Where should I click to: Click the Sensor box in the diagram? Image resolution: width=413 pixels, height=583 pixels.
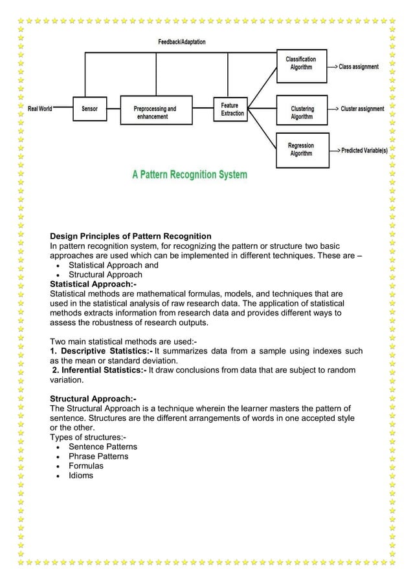[x=90, y=109]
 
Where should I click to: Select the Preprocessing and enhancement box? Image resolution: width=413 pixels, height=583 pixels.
[x=155, y=113]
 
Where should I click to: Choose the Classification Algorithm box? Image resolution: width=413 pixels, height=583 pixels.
[x=301, y=63]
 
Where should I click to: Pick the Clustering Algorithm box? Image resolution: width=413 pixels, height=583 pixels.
[x=302, y=112]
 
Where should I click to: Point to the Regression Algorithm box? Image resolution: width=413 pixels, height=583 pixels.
[x=301, y=149]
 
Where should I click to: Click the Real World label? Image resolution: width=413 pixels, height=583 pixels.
[x=40, y=109]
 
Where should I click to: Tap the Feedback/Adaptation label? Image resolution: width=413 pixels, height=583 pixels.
[x=182, y=42]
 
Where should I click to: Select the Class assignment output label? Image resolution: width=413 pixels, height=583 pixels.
[x=359, y=67]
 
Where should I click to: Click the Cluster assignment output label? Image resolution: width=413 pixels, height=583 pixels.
[x=362, y=109]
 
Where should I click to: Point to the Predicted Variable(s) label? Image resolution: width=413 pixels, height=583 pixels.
[x=364, y=150]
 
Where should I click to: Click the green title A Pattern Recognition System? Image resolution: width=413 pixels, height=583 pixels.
[x=190, y=175]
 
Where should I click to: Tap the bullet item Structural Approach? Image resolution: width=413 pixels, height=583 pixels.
[x=106, y=275]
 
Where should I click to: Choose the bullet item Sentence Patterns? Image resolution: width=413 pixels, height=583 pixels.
[x=103, y=447]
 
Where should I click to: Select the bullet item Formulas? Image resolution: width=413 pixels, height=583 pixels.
[x=86, y=466]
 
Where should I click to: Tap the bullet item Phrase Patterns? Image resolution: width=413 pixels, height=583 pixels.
[x=98, y=456]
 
